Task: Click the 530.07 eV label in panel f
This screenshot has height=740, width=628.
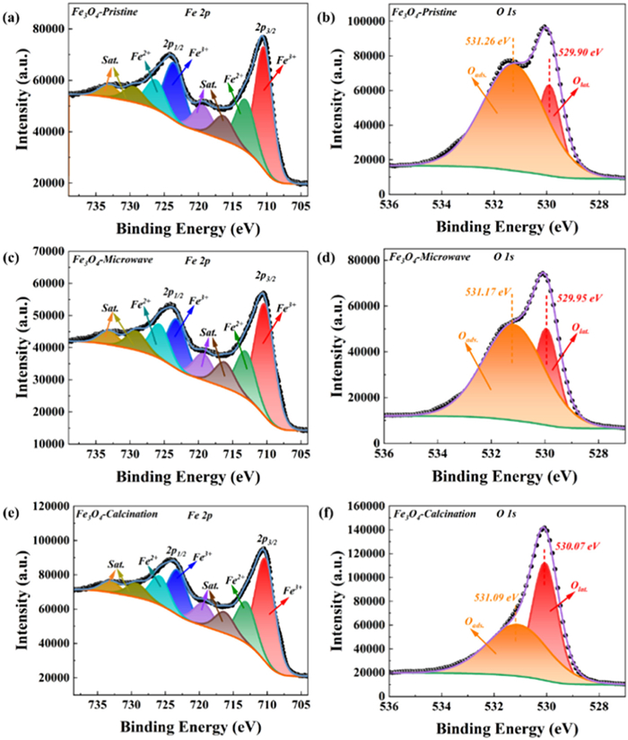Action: [x=581, y=544]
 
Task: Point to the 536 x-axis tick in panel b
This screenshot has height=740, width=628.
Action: [x=384, y=204]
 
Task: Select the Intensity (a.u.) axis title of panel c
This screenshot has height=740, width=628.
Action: [x=12, y=346]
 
